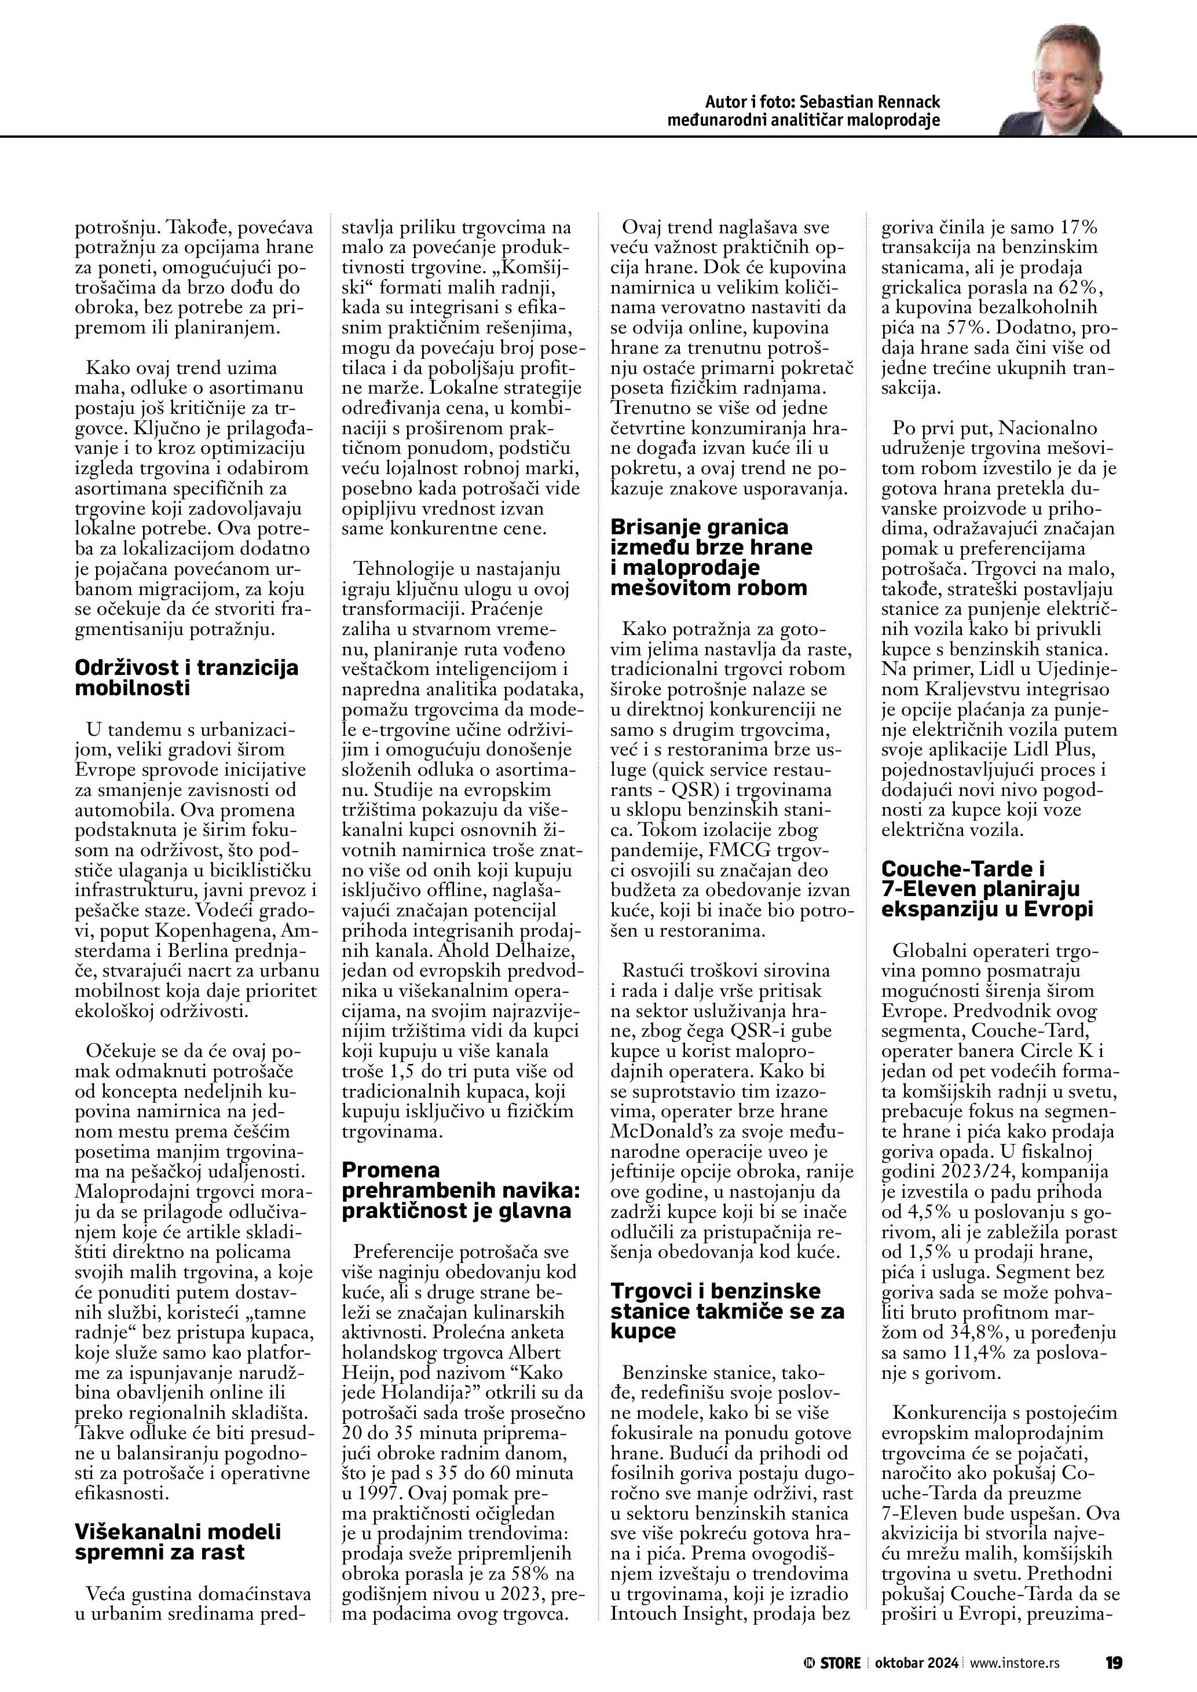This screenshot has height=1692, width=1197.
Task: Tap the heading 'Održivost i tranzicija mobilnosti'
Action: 186,677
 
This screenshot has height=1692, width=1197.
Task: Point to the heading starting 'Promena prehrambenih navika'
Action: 456,1190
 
